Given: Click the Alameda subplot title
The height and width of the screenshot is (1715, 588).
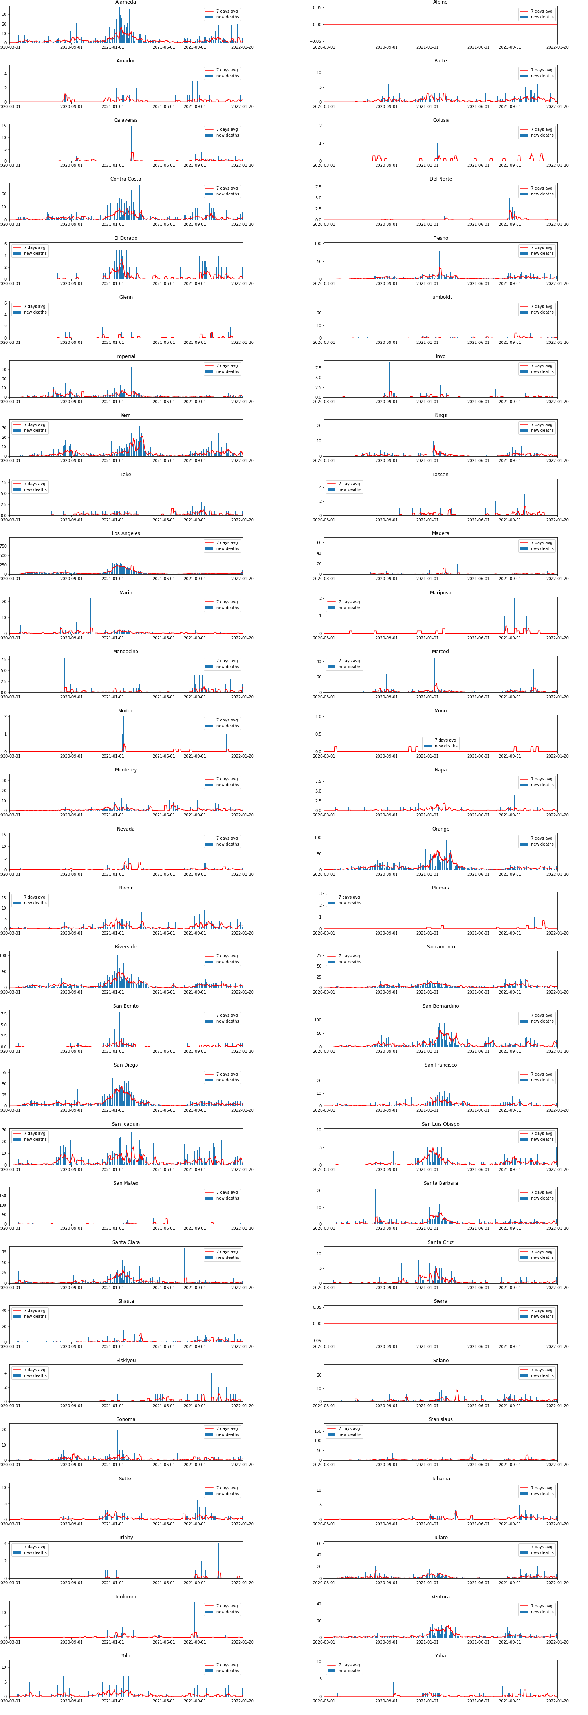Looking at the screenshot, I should [x=125, y=3].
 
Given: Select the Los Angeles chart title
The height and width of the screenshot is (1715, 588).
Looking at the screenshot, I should [x=125, y=533].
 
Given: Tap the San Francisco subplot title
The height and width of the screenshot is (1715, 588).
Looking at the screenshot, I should [x=440, y=1065].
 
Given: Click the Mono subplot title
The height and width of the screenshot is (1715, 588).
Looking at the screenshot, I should [x=440, y=710].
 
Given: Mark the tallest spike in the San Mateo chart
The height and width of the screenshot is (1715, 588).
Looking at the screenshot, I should [x=165, y=1190].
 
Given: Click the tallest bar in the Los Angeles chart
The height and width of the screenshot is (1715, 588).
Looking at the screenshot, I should [x=130, y=540].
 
